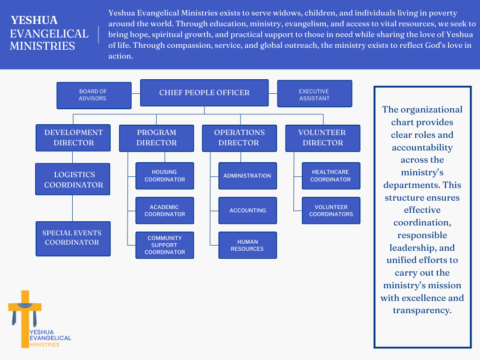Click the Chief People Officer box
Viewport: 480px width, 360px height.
point(204,93)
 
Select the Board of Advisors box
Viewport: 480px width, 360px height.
point(94,95)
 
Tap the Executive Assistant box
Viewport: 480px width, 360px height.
point(314,94)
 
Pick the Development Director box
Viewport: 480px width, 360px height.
point(73,138)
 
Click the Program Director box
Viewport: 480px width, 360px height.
point(157,138)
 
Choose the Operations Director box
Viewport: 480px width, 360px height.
point(239,138)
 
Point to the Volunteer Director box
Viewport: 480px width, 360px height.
point(322,138)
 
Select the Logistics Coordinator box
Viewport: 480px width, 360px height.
point(73,179)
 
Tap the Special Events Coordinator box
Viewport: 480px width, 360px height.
point(73,238)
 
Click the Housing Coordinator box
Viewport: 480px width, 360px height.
point(165,176)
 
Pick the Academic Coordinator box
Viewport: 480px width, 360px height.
point(165,210)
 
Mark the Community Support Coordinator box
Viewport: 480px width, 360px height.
point(165,245)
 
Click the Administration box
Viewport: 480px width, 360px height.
point(247,176)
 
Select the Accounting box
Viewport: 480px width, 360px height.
point(247,210)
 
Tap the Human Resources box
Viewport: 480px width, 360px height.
point(247,245)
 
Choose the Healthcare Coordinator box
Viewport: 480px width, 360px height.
point(330,176)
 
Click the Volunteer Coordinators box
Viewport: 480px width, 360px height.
point(330,210)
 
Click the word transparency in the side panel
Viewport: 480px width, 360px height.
point(422,310)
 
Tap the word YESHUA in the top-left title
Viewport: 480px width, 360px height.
point(34,21)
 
